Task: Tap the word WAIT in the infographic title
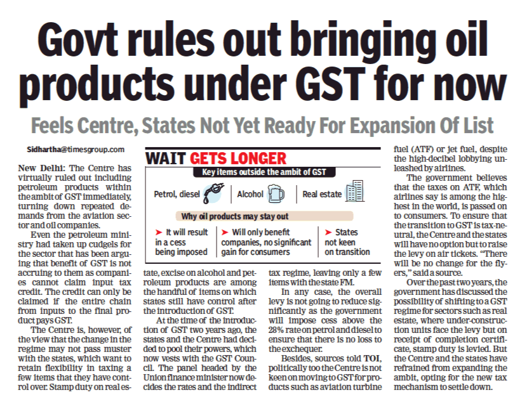(x=164, y=158)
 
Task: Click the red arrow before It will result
(x=158, y=233)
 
